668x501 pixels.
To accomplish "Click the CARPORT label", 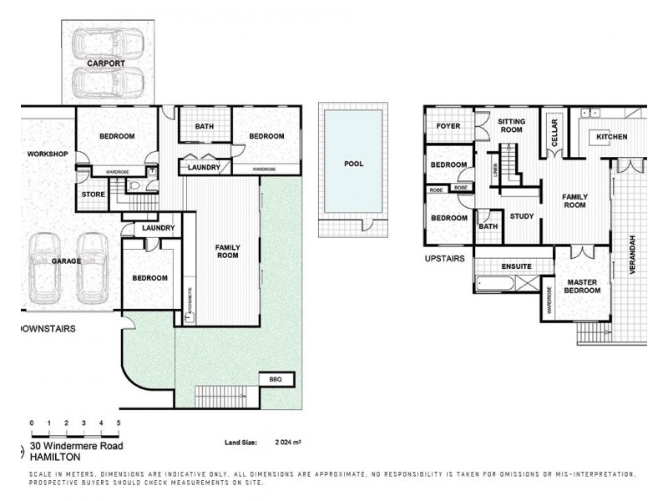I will (104, 63).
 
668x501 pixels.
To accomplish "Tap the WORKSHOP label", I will (47, 154).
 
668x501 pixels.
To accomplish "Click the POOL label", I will (354, 164).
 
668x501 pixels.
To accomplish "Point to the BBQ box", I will (276, 379).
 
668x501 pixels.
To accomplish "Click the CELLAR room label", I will (553, 134).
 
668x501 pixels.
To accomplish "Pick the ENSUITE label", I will (517, 266).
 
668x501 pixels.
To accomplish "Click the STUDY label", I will (521, 215).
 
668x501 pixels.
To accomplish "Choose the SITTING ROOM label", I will (510, 125).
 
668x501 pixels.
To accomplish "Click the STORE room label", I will (94, 195).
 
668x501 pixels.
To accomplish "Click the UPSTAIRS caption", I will (445, 259).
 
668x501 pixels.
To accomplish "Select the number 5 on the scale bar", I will (119, 423).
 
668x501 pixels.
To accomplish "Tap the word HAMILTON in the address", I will (56, 457).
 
